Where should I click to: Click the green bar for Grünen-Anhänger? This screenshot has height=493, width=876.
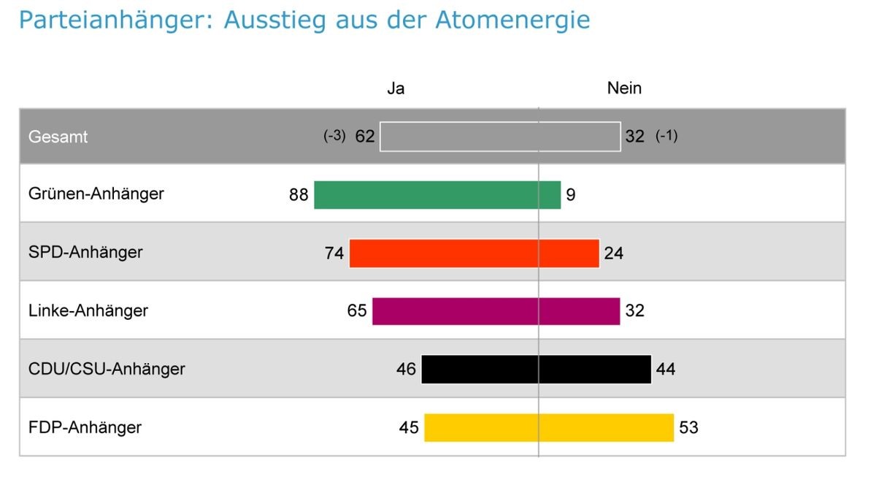pyautogui.click(x=437, y=195)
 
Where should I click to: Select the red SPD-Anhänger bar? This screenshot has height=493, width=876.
pyautogui.click(x=474, y=253)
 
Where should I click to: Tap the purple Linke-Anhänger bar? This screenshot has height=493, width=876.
pyautogui.click(x=496, y=311)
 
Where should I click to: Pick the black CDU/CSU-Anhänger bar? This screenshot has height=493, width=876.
pyautogui.click(x=536, y=370)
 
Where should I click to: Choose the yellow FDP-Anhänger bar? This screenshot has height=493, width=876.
pyautogui.click(x=548, y=427)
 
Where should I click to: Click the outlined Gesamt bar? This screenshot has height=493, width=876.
pyautogui.click(x=500, y=137)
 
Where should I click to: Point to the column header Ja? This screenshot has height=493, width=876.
pyautogui.click(x=396, y=88)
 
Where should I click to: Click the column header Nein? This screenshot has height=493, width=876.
pyautogui.click(x=624, y=88)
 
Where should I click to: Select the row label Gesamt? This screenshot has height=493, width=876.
pyautogui.click(x=58, y=137)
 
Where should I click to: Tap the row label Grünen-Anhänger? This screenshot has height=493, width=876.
pyautogui.click(x=96, y=194)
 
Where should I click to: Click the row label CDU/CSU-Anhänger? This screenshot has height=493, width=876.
pyautogui.click(x=107, y=369)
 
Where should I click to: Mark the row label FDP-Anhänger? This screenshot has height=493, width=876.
pyautogui.click(x=85, y=427)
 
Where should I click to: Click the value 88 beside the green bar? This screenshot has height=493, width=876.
pyautogui.click(x=299, y=195)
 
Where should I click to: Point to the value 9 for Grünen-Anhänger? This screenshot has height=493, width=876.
pyautogui.click(x=571, y=195)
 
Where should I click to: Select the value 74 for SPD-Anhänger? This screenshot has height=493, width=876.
pyautogui.click(x=334, y=253)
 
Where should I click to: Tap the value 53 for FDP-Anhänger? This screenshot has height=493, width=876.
pyautogui.click(x=688, y=427)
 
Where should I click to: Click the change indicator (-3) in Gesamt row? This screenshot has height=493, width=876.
pyautogui.click(x=334, y=136)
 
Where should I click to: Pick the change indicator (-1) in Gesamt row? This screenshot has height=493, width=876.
pyautogui.click(x=666, y=136)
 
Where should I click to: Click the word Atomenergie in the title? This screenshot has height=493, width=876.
pyautogui.click(x=512, y=20)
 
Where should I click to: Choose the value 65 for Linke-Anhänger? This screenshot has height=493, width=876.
pyautogui.click(x=357, y=311)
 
